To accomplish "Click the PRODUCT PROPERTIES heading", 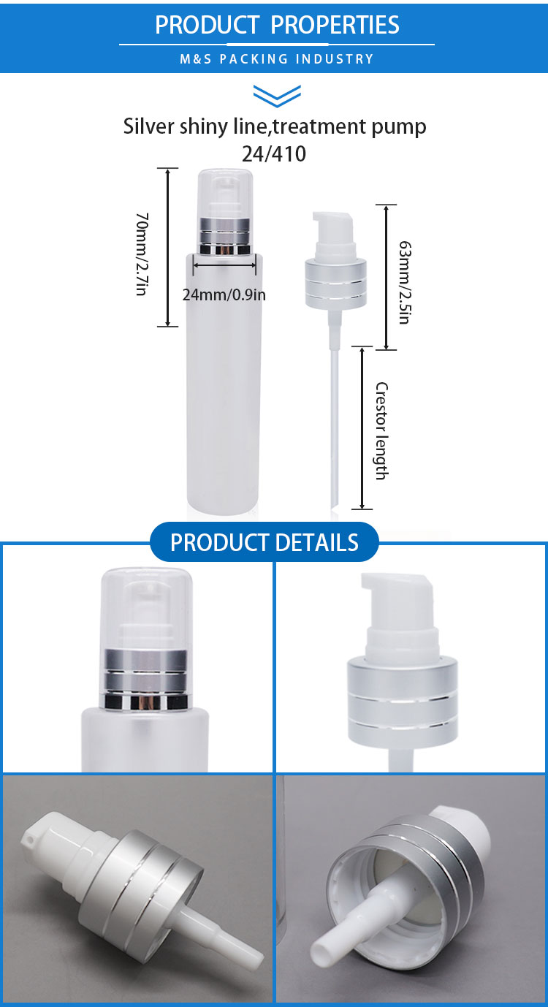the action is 277,25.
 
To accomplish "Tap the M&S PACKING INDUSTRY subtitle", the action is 277,59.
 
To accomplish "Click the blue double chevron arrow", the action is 277,96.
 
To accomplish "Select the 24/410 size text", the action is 274,153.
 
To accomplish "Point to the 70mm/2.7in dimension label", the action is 142,254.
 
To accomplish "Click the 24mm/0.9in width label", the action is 224,295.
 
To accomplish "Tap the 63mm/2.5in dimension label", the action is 405,282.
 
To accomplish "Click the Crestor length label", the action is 381,430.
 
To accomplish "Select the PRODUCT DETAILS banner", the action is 265,541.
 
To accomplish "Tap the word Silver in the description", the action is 148,126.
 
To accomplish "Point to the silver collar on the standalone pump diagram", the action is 336,284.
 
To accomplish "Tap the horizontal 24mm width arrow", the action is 224,265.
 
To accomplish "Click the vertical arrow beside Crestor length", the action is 362,427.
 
